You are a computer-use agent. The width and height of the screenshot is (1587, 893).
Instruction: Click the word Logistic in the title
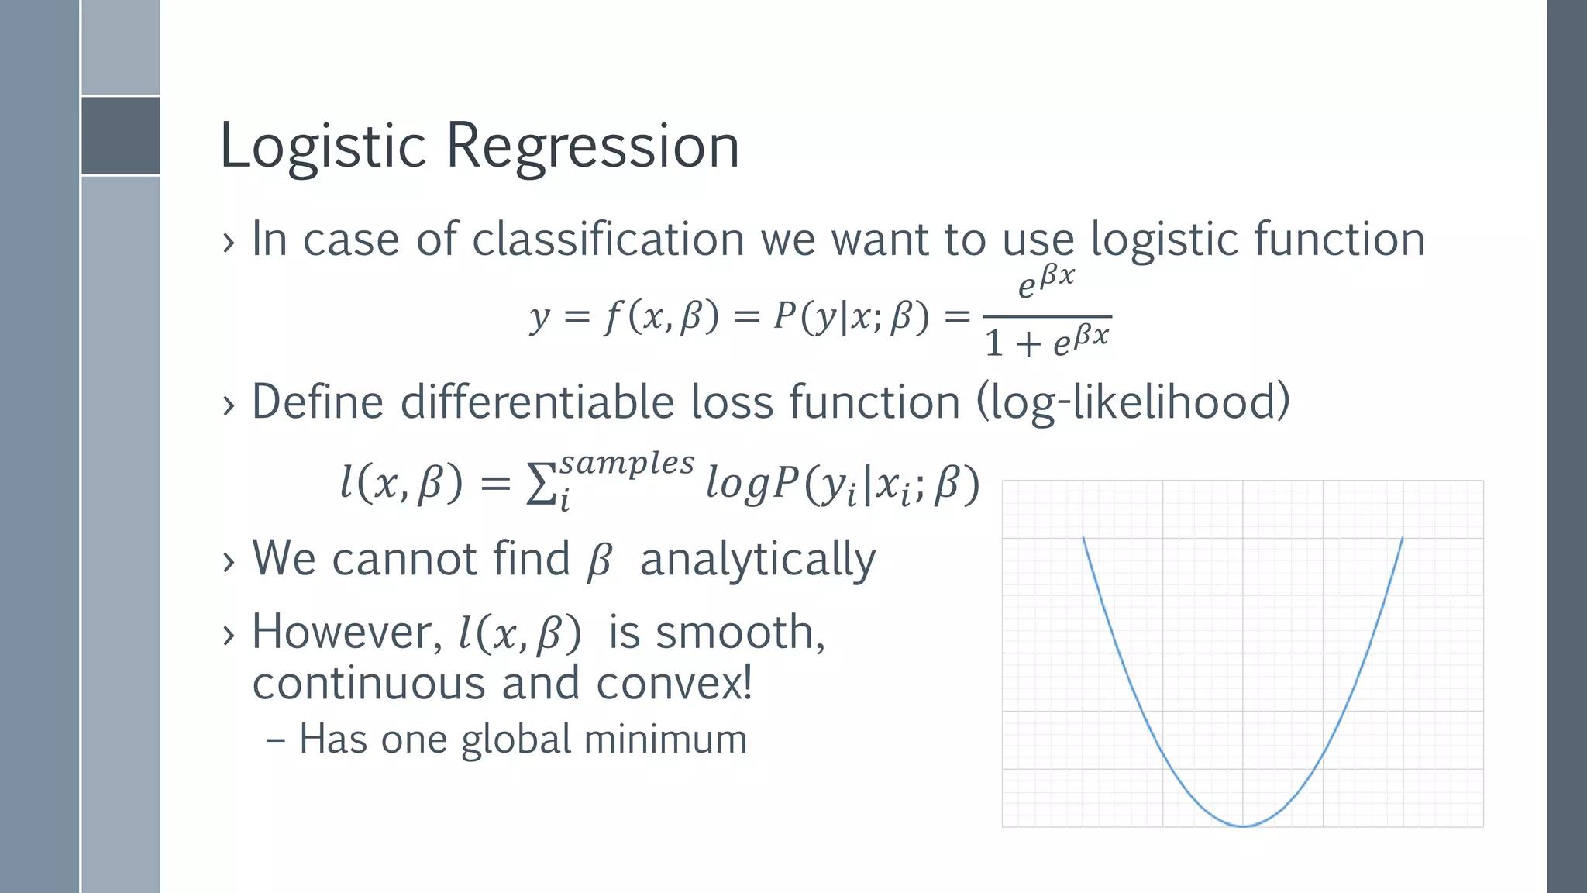click(322, 146)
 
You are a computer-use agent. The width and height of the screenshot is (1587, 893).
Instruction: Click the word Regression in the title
click(593, 146)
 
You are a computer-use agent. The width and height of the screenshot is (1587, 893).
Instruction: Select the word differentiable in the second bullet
click(538, 402)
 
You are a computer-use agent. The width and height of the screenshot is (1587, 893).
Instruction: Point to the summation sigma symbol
click(540, 486)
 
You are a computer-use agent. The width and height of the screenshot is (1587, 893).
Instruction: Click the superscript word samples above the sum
click(627, 463)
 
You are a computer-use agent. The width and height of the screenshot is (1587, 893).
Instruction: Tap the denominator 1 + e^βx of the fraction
click(1047, 342)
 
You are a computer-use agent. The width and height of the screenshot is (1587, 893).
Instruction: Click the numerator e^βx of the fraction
click(1046, 282)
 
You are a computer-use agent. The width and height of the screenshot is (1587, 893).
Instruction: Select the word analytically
click(757, 560)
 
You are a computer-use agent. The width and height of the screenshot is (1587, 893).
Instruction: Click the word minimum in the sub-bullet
click(665, 739)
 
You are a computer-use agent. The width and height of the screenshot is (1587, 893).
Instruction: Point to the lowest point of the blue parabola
click(1243, 826)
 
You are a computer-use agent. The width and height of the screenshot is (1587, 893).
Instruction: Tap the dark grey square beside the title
click(121, 136)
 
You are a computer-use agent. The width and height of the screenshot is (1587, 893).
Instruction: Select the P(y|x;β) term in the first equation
click(850, 317)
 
